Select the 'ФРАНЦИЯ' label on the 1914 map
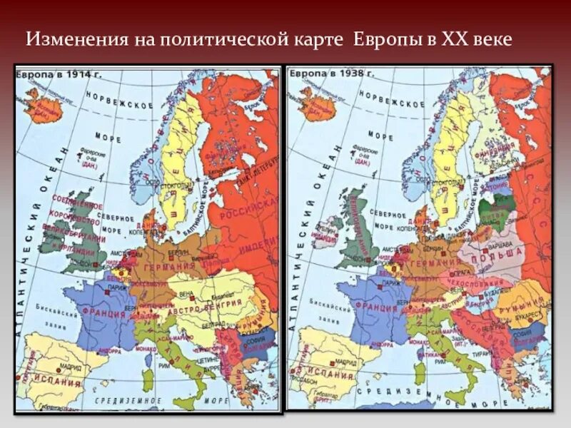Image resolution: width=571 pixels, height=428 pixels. tap(105, 312)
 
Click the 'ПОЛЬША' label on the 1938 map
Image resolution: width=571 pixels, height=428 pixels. tap(500, 254)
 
